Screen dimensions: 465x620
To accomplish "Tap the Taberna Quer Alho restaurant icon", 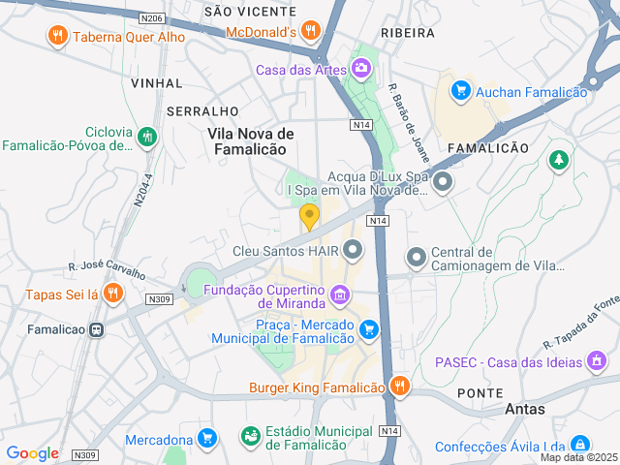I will point(57,37).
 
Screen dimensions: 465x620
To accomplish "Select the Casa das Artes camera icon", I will point(361,68).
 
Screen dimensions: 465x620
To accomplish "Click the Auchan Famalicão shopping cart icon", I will point(460,91).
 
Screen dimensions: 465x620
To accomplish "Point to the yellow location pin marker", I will point(309,216).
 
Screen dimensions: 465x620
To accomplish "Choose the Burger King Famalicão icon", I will point(399,387).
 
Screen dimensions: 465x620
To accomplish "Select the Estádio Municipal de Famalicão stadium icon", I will point(251,437).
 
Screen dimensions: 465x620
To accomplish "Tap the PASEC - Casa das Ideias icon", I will point(598,361).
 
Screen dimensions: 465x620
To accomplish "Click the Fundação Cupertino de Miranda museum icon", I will point(340,294).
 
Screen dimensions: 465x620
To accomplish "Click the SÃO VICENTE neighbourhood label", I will point(249,12).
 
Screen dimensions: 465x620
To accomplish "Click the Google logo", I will point(32,452).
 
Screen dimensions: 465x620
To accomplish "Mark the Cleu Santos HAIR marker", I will point(353,250).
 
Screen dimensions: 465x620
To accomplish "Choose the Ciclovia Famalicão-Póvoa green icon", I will point(146,138).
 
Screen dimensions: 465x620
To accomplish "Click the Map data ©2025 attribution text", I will point(578,457).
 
